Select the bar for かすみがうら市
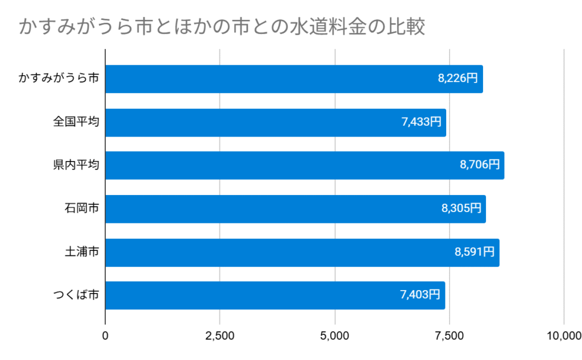(x=294, y=79)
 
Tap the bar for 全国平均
(x=276, y=122)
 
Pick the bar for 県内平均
(x=305, y=165)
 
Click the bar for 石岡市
(x=296, y=209)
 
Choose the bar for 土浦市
(x=302, y=252)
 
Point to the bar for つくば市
(x=275, y=295)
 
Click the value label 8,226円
(x=458, y=79)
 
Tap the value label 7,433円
(x=421, y=122)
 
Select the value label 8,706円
(x=480, y=165)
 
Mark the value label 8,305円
(x=462, y=209)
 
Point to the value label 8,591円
(x=475, y=252)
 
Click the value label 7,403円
(x=421, y=295)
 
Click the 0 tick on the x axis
(x=105, y=336)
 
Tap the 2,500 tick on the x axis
(x=220, y=336)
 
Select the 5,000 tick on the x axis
(x=335, y=336)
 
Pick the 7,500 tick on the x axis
(x=450, y=336)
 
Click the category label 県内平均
(x=76, y=165)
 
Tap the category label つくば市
(x=76, y=295)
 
